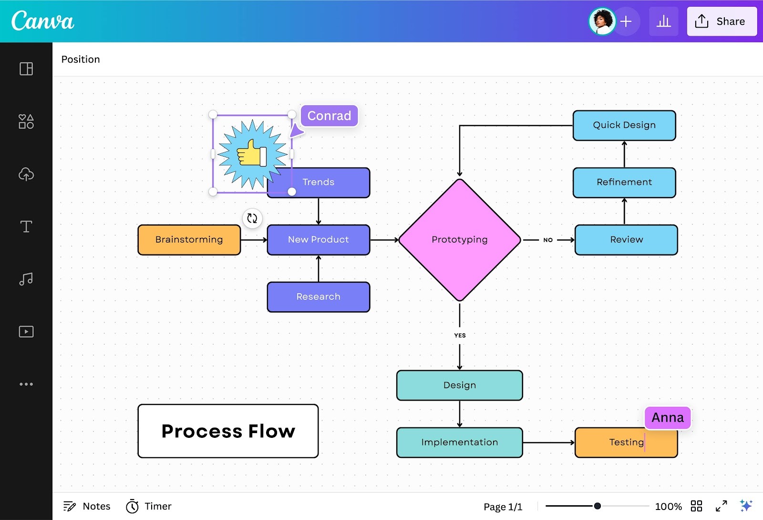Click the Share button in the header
click(722, 21)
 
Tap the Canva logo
click(42, 21)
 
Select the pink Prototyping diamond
click(459, 239)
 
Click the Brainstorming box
click(189, 240)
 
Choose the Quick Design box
click(624, 125)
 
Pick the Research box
click(318, 297)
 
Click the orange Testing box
click(626, 442)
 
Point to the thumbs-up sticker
click(252, 154)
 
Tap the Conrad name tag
click(329, 116)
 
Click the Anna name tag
click(667, 417)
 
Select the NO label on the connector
click(548, 240)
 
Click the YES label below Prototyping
click(460, 335)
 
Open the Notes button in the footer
click(87, 506)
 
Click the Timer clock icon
click(132, 506)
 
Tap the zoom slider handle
click(597, 506)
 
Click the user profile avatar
click(602, 21)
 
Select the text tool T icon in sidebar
click(26, 226)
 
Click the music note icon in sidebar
click(26, 279)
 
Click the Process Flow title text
click(228, 431)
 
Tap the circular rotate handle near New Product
click(252, 218)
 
